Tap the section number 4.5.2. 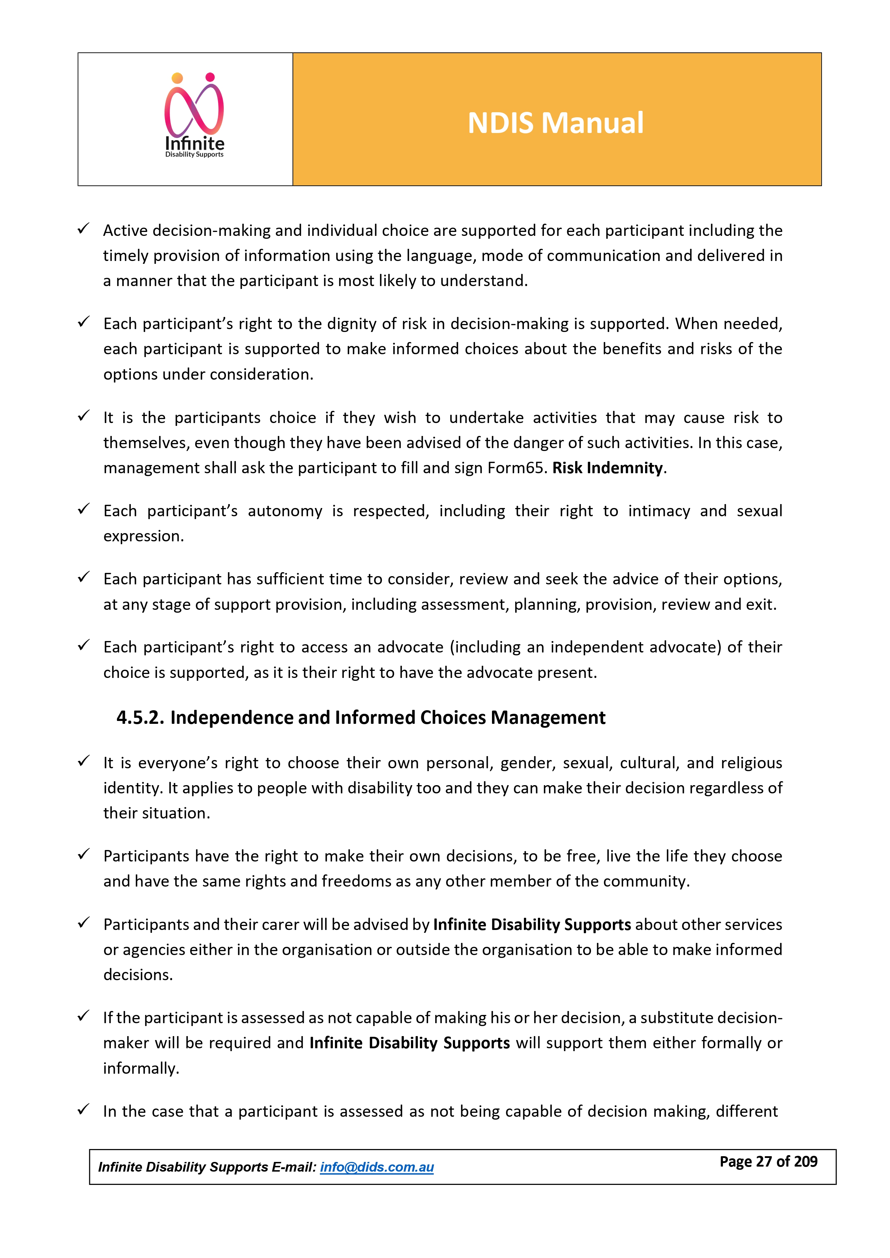pos(140,717)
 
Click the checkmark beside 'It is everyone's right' pos(83,761)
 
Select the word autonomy pos(285,511)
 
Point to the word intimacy pos(659,511)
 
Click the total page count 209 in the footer pos(806,1162)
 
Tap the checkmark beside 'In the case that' pos(83,1110)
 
